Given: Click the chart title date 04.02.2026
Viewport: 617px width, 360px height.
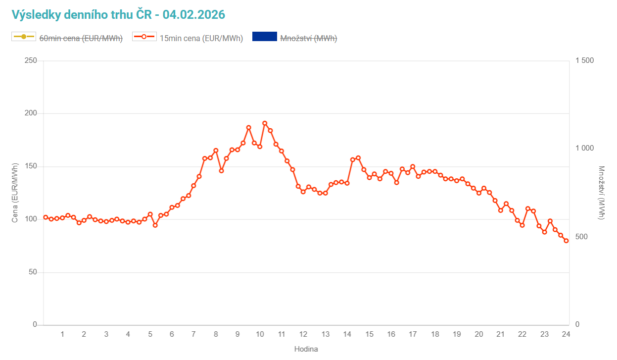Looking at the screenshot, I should click(194, 15).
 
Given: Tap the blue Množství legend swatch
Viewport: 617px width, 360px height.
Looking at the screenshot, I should click(264, 37).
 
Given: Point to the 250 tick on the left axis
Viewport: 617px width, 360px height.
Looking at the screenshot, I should click(31, 60).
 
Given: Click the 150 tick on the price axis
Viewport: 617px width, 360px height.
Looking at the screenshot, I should click(31, 166).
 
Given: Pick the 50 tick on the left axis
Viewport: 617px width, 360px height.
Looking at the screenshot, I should click(33, 272).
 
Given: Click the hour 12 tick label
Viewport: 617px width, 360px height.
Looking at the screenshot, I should click(303, 334).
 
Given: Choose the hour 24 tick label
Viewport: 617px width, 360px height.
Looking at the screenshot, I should click(566, 334).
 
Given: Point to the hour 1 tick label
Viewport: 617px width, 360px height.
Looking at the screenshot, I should click(62, 334).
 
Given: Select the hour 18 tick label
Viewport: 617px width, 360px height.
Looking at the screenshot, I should click(435, 334).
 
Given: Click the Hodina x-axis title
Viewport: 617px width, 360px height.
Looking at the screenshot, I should click(306, 349).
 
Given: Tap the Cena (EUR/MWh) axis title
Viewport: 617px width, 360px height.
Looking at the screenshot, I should click(15, 193).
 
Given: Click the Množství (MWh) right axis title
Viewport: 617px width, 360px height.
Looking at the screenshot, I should click(601, 193).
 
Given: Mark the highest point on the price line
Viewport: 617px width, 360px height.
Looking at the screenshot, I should click(265, 123).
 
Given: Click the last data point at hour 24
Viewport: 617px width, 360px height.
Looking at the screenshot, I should click(566, 241).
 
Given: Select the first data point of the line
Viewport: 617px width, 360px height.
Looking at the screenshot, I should click(46, 217).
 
